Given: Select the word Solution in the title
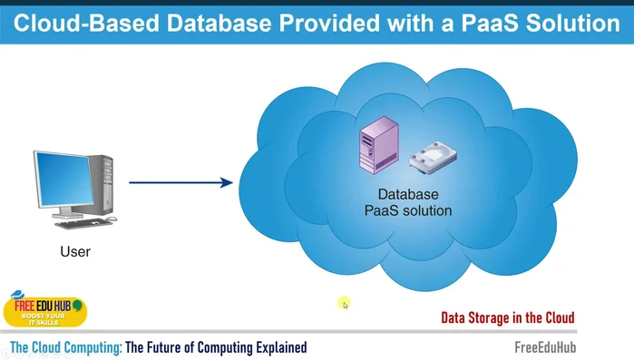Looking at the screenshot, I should click(579, 23).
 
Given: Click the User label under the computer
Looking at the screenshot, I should click(75, 250).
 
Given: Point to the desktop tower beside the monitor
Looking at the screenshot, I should click(107, 186).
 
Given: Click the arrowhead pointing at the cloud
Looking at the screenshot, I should click(227, 182).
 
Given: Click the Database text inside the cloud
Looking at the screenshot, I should click(407, 195).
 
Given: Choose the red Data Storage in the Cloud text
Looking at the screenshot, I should click(507, 317).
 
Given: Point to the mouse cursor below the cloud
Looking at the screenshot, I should click(345, 304).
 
